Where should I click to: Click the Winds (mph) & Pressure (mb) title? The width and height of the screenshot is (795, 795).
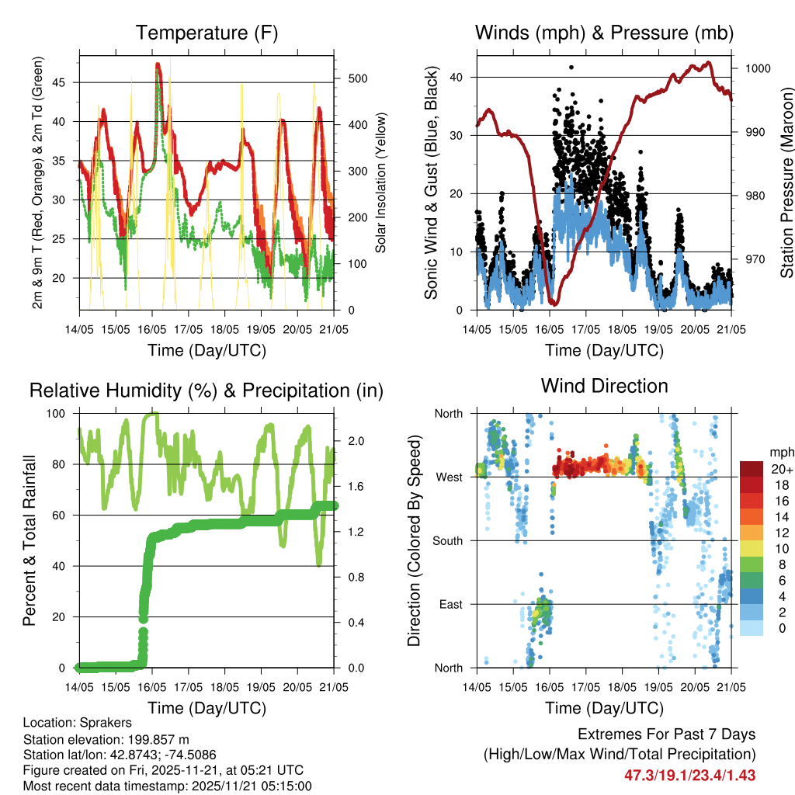[604, 33]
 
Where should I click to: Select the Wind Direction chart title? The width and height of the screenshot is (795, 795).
[604, 386]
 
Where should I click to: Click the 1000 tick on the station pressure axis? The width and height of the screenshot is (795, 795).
[757, 68]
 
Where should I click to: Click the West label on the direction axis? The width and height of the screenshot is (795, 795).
[449, 477]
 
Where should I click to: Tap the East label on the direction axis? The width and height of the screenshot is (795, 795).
[450, 604]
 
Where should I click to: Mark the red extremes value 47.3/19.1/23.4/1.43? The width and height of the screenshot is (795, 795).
[689, 775]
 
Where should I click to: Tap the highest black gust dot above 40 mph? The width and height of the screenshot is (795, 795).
[571, 68]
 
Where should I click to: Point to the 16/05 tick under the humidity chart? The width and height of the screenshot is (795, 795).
[151, 687]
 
